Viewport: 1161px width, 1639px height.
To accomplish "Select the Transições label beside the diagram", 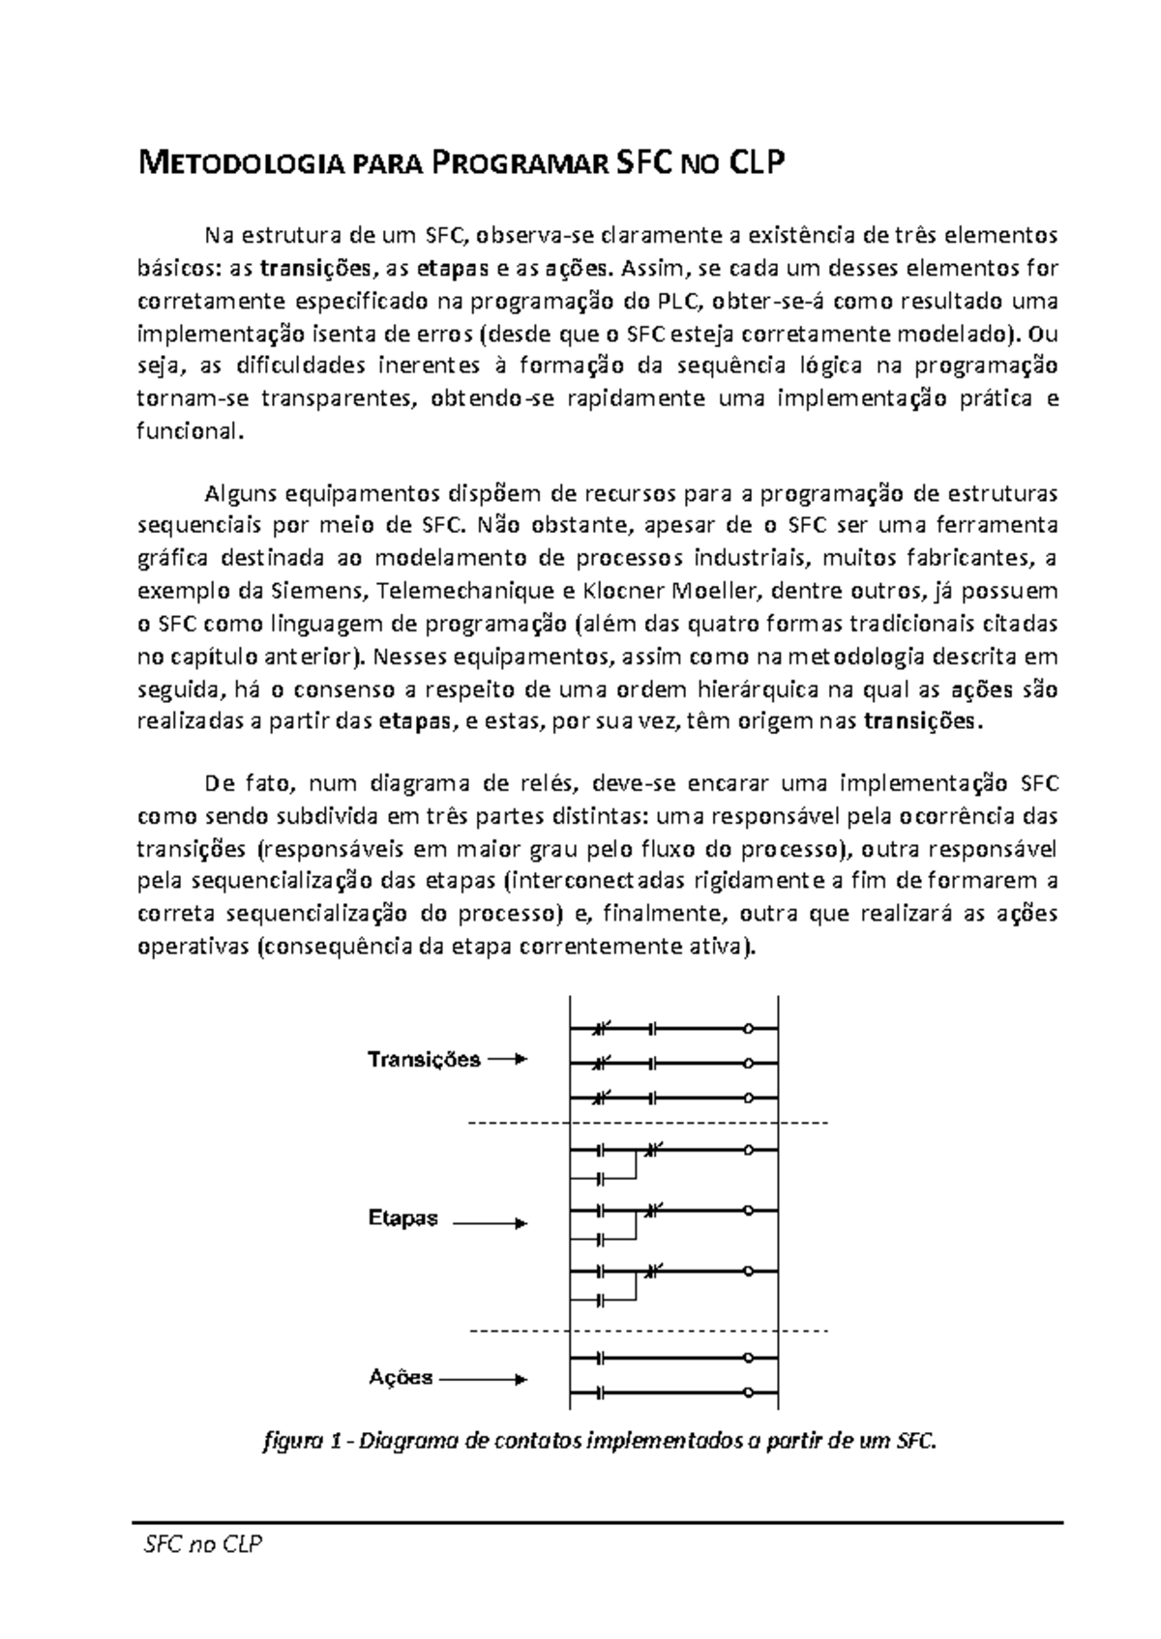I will click(x=424, y=1060).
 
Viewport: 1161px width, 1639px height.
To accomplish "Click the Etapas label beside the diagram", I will click(x=402, y=1218).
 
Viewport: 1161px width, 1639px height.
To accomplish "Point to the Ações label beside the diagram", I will click(x=400, y=1378).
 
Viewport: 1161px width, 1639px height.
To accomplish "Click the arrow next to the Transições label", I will click(x=507, y=1060).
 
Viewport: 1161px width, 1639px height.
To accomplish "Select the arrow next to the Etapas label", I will click(x=491, y=1223).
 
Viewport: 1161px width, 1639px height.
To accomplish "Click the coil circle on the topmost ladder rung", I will click(x=746, y=1029).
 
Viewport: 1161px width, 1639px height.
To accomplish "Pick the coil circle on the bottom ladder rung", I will click(x=746, y=1393).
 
